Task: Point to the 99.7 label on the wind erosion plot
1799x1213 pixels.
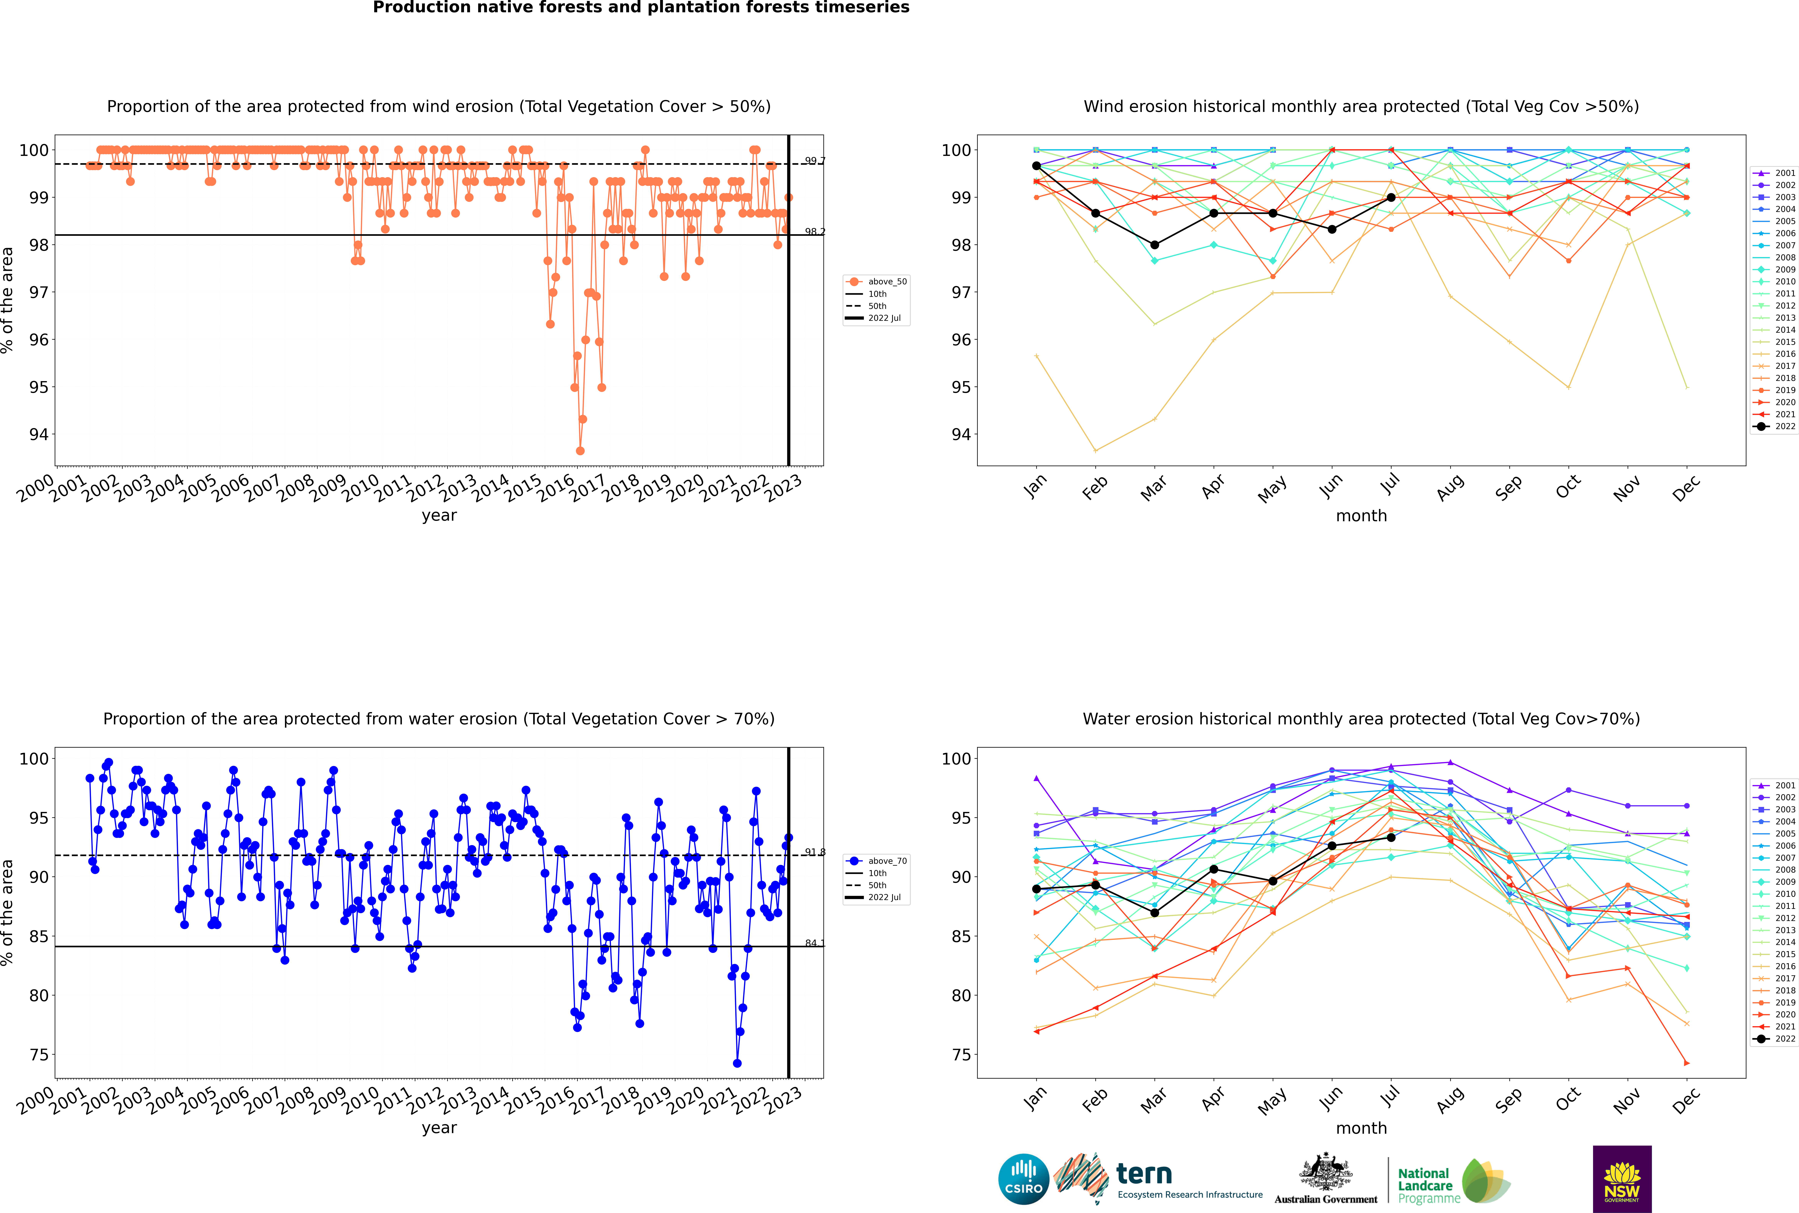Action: (814, 161)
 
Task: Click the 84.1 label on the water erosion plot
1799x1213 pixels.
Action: (814, 943)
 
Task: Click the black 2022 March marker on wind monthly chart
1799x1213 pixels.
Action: (1155, 245)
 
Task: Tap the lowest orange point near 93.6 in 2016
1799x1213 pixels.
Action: (580, 450)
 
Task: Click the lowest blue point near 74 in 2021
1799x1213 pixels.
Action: (737, 1063)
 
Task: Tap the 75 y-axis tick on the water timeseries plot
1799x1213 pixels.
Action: (39, 1055)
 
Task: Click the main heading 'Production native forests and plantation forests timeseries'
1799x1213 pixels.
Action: (641, 8)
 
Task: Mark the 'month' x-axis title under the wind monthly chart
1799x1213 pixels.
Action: (1361, 516)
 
